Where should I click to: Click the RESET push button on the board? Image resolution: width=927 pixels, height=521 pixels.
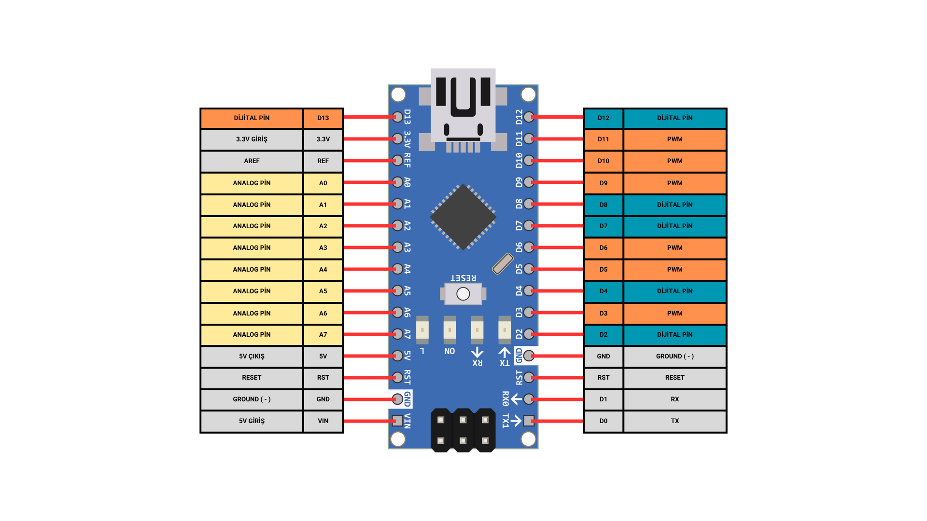coord(463,293)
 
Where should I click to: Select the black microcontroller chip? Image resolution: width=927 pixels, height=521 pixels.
coord(463,217)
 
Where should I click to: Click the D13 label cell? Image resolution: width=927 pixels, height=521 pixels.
coord(323,118)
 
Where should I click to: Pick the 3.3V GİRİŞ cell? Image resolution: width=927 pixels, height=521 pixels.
coord(252,139)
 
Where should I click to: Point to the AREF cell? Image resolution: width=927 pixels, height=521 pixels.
coord(252,161)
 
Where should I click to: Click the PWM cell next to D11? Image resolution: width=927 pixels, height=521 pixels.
coord(674,139)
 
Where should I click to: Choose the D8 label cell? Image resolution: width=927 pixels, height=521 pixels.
coord(604,205)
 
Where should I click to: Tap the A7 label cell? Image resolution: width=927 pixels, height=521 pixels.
coord(323,335)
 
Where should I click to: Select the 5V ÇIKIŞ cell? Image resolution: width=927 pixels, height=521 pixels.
coord(252,356)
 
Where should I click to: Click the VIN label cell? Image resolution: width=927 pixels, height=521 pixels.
coord(323,421)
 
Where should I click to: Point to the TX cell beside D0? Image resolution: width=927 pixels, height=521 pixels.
coord(674,421)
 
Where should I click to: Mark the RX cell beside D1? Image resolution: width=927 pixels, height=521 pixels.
coord(674,399)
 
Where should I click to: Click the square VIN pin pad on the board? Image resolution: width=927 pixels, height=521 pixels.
coord(397,421)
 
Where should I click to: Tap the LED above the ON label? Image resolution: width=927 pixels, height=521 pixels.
coord(449,330)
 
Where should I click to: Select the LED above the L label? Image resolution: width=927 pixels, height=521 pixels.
coord(422,330)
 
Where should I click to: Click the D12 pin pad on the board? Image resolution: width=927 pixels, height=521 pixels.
coord(529,117)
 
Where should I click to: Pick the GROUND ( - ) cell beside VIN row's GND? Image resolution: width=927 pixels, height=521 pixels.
coord(252,399)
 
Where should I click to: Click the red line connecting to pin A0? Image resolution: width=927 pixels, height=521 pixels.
coord(369,182)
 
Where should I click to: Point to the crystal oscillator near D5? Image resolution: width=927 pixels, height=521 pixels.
coord(503,263)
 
